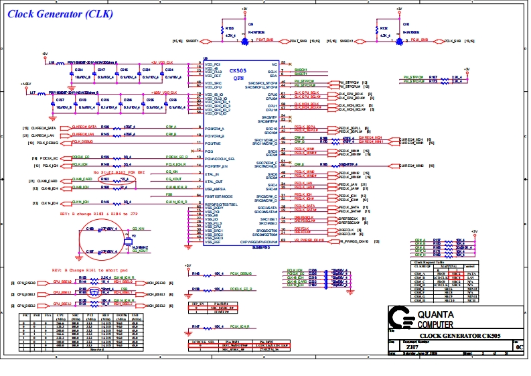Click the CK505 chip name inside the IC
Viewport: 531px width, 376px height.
238,70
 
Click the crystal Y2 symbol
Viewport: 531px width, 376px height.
133,237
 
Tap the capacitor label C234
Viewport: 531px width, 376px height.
79,69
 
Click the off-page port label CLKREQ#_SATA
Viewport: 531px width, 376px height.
46,127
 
